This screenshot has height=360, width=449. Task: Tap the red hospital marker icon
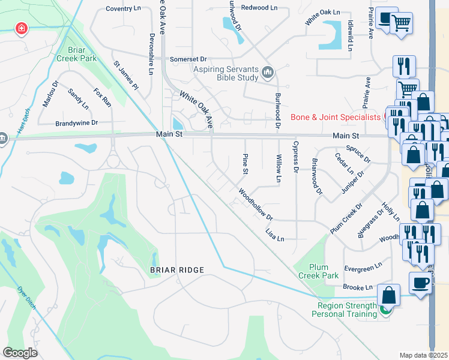[21, 29]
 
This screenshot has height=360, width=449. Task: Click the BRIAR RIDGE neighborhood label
[177, 271]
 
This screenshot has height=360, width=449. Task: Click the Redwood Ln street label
[259, 8]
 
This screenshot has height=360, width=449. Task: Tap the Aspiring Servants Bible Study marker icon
[268, 73]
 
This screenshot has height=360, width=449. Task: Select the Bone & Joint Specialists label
[336, 117]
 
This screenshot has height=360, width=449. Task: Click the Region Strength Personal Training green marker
[386, 310]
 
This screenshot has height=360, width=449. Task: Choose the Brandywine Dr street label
[76, 122]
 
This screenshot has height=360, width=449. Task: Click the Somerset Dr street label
[188, 59]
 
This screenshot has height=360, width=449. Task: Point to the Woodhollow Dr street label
[256, 205]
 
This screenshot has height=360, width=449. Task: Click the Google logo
[20, 352]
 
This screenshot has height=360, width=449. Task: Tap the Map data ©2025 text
[423, 355]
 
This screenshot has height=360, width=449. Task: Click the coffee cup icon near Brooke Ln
[420, 283]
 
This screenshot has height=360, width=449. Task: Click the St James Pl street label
[126, 75]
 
